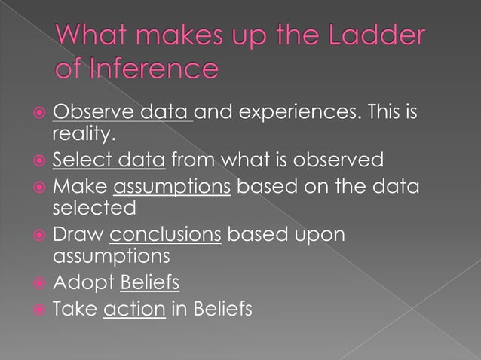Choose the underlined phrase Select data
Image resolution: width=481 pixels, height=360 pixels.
[x=109, y=160]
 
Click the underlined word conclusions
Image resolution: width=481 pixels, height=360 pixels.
[x=165, y=234]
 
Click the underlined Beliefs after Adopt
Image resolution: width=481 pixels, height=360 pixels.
[x=150, y=283]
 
